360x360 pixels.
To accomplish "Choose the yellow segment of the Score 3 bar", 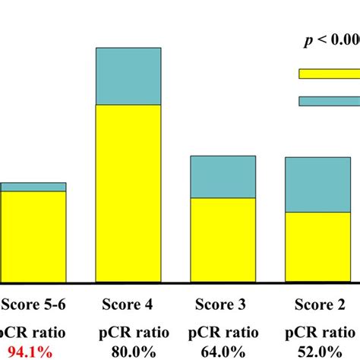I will (x=223, y=240).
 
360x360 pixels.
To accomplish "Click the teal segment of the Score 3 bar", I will (x=223, y=177).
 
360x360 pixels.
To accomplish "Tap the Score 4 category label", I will (x=128, y=305).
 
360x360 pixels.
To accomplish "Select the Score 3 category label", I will (x=220, y=305).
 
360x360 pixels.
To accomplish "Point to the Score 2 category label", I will (x=318, y=305).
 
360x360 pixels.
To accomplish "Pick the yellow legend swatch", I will (x=329, y=74).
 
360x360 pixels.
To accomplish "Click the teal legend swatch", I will (x=329, y=100).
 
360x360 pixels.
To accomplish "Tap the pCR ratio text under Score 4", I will (x=128, y=332).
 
